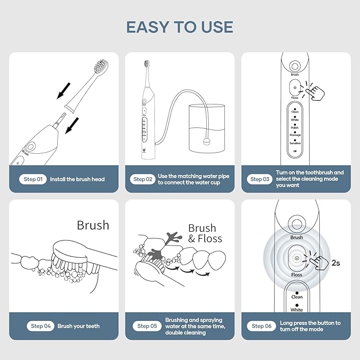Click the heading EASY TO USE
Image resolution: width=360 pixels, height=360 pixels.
pyautogui.click(x=180, y=27)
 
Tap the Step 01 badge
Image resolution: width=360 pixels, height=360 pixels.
pyautogui.click(x=33, y=179)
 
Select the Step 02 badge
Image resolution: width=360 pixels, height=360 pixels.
pyautogui.click(x=143, y=179)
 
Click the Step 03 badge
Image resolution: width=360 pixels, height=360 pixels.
pyautogui.click(x=260, y=179)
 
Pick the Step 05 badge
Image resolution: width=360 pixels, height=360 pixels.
pyautogui.click(x=146, y=326)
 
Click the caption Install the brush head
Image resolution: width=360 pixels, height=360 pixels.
pyautogui.click(x=77, y=179)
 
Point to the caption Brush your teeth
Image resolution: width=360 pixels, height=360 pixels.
pyautogui.click(x=78, y=326)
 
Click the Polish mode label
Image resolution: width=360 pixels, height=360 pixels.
pyautogui.click(x=295, y=128)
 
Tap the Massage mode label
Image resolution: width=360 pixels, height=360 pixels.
pyautogui.click(x=295, y=135)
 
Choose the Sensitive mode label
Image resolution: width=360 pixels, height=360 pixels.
pyautogui.click(x=295, y=143)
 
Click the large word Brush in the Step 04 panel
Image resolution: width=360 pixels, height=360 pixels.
pyautogui.click(x=93, y=225)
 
